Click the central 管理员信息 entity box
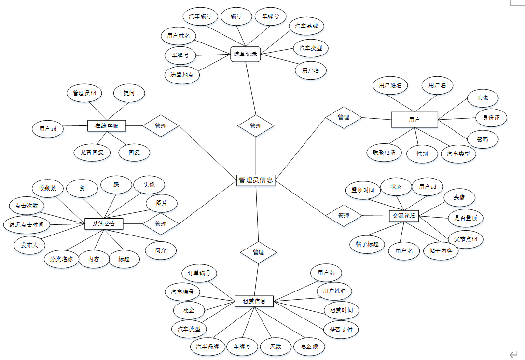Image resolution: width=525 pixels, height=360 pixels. (x=256, y=180)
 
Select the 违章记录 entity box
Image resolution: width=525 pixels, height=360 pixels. (x=246, y=54)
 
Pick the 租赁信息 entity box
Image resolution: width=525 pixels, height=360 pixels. (x=254, y=301)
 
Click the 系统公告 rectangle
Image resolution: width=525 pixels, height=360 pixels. (x=104, y=224)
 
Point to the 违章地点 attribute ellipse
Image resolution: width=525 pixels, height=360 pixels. (x=182, y=75)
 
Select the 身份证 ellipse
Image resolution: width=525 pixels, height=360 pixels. (x=491, y=118)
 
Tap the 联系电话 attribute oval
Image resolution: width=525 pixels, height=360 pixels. (x=384, y=152)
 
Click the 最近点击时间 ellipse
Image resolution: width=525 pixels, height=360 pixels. (x=27, y=224)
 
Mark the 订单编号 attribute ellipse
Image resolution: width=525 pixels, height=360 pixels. (x=199, y=273)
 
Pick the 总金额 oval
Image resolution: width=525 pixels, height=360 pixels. (x=309, y=346)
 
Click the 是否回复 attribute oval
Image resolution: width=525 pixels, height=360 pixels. (x=92, y=152)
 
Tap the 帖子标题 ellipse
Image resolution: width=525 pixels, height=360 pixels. (x=367, y=244)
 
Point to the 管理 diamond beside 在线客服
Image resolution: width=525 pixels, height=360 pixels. (x=161, y=126)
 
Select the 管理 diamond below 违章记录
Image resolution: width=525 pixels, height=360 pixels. (x=256, y=126)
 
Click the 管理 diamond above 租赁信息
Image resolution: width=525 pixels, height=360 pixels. (x=258, y=252)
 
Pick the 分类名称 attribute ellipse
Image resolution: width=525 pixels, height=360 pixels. (x=61, y=259)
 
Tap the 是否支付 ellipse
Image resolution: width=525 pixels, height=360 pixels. (x=341, y=330)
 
